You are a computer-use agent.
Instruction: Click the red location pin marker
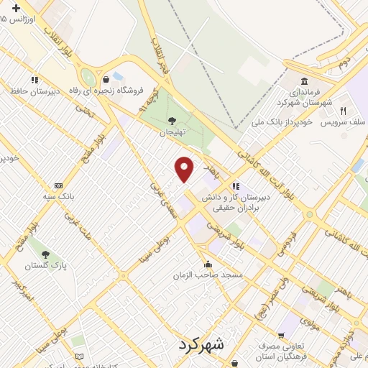tap(185, 168)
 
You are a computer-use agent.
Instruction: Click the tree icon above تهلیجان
tap(171, 121)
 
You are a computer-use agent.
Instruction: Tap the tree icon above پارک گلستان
tap(45, 254)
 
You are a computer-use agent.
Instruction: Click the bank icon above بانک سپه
tap(58, 185)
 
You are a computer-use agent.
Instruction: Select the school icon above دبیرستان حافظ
tap(34, 80)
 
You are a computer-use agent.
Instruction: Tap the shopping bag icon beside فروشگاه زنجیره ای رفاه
tap(106, 78)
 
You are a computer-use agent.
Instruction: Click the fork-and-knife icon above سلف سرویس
tap(343, 111)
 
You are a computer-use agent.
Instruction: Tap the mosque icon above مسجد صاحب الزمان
tap(208, 264)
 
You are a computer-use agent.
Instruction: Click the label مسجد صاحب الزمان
tap(208, 275)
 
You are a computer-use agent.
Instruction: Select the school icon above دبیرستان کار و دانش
tap(236, 186)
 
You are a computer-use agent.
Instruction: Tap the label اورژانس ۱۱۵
tap(19, 18)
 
